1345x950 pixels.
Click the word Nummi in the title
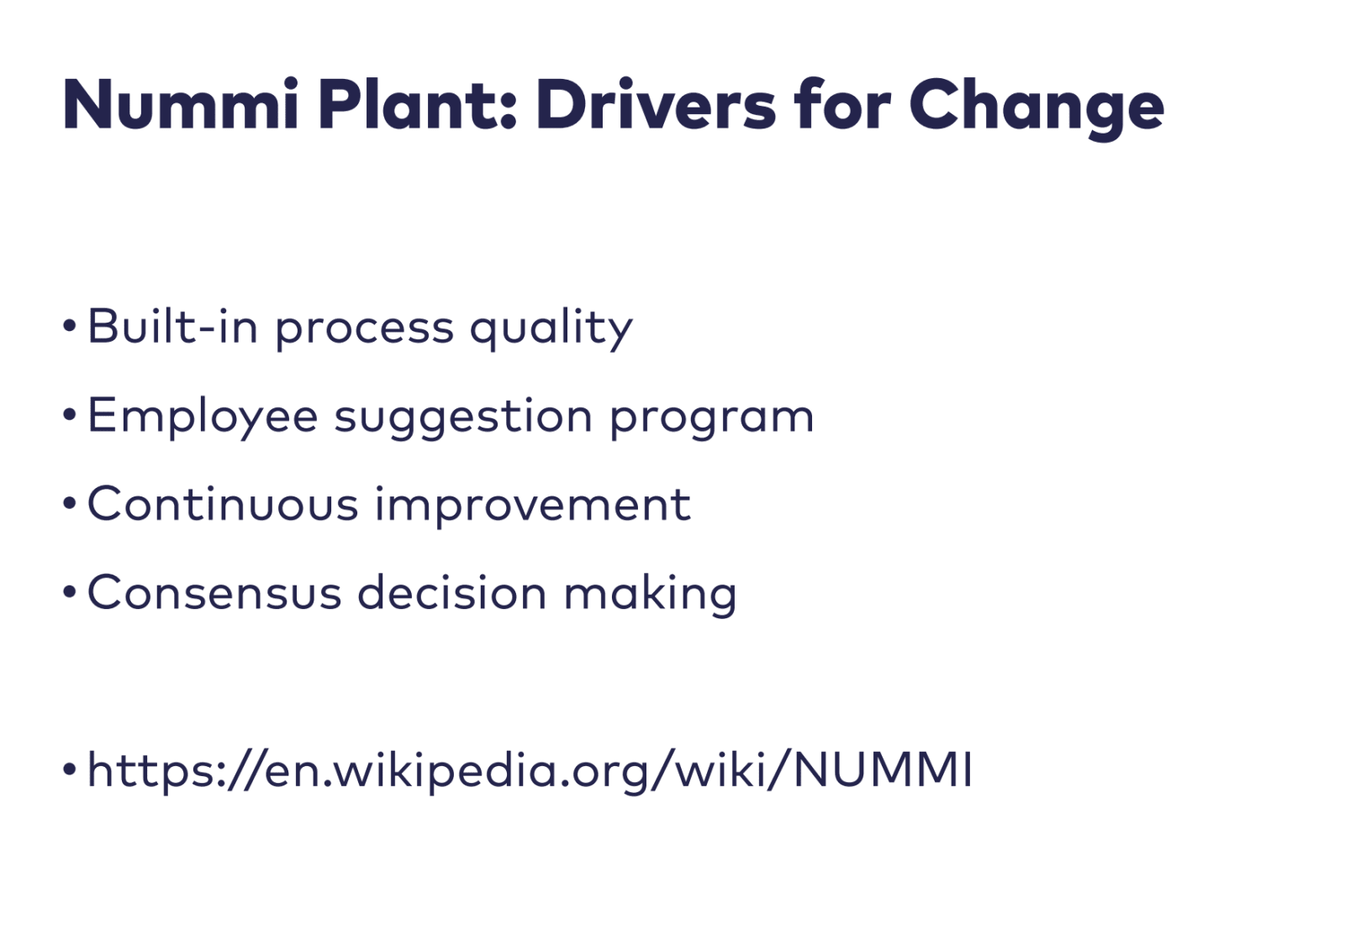(180, 106)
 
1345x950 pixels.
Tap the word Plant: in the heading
(416, 106)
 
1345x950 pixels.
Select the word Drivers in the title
(655, 106)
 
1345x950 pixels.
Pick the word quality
(551, 328)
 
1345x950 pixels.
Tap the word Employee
(203, 417)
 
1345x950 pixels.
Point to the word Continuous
(223, 504)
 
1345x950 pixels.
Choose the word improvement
(532, 506)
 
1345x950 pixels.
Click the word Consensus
(214, 593)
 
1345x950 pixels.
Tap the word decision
(452, 593)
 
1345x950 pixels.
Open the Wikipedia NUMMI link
(530, 770)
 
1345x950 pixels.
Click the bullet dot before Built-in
(70, 326)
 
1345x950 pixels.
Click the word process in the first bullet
(364, 328)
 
